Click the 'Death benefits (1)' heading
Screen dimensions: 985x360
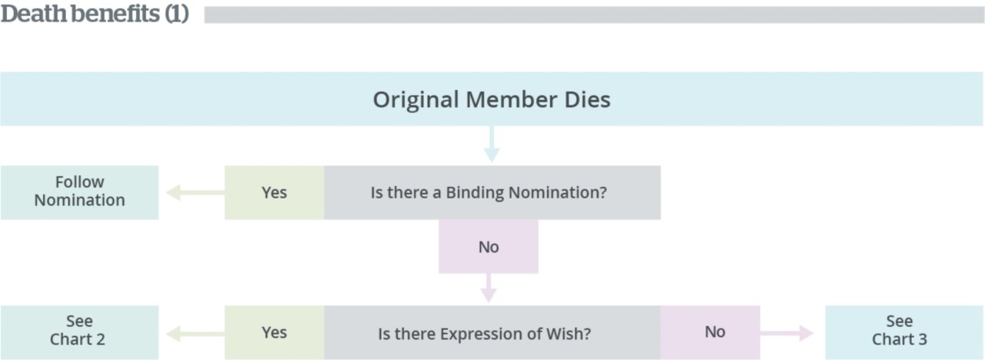point(95,14)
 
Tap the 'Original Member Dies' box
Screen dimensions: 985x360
point(492,99)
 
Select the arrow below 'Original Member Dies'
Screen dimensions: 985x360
point(492,144)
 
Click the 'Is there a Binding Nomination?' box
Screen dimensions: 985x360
point(492,192)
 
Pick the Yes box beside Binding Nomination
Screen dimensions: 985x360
point(275,192)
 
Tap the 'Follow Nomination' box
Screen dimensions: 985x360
point(79,192)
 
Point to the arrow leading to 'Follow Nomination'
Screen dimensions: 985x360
point(195,192)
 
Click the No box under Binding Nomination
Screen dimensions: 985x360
point(489,247)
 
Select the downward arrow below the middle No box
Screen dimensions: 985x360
point(489,288)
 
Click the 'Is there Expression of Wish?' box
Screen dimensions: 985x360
point(492,333)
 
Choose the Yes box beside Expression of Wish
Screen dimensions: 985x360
point(275,333)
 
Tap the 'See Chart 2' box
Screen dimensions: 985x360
point(79,333)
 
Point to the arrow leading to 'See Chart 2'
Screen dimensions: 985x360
point(195,334)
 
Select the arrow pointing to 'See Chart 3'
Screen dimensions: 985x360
point(787,333)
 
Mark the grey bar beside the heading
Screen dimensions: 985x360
point(593,15)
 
